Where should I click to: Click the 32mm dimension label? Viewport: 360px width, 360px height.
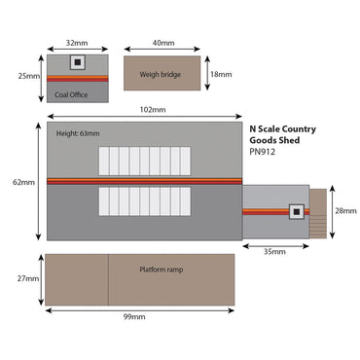pos(75,44)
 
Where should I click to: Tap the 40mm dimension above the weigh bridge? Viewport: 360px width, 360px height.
pos(162,44)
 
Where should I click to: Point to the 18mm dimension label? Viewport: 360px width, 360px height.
pos(223,74)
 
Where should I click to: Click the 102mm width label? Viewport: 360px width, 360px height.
pos(143,110)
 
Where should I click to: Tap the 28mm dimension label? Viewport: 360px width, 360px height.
pos(345,211)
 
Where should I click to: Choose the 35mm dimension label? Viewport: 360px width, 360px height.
pos(275,252)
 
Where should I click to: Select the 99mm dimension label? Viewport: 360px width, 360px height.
pos(134,317)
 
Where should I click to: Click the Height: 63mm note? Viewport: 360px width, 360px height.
pos(78,133)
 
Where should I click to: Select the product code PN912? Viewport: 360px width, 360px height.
pos(263,151)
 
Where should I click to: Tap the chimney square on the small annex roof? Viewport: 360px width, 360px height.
pos(295,210)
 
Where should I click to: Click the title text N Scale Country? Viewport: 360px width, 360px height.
pos(284,126)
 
